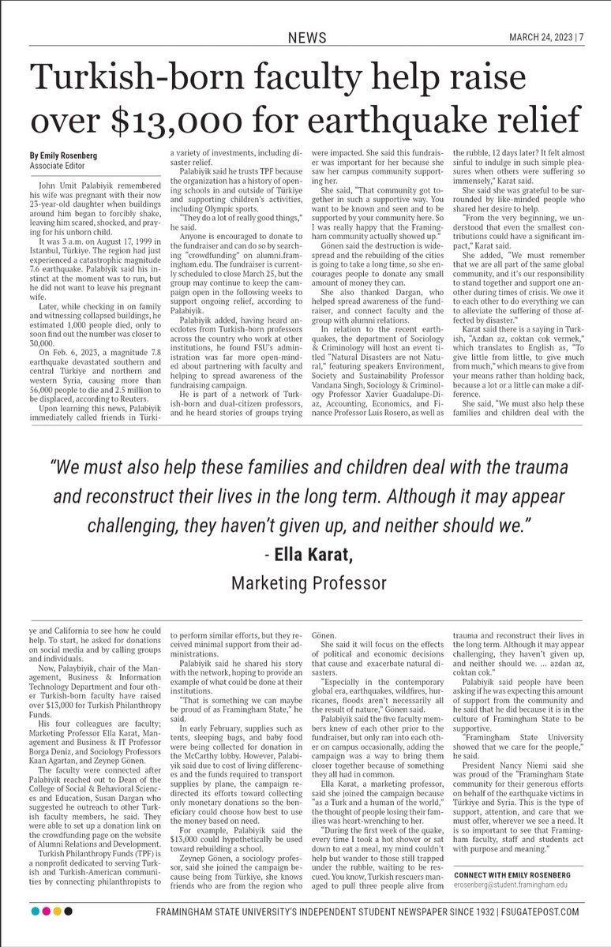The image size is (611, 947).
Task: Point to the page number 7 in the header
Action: [x=580, y=37]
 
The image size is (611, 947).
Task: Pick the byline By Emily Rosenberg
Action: [x=67, y=155]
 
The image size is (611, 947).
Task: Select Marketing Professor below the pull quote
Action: [x=309, y=583]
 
